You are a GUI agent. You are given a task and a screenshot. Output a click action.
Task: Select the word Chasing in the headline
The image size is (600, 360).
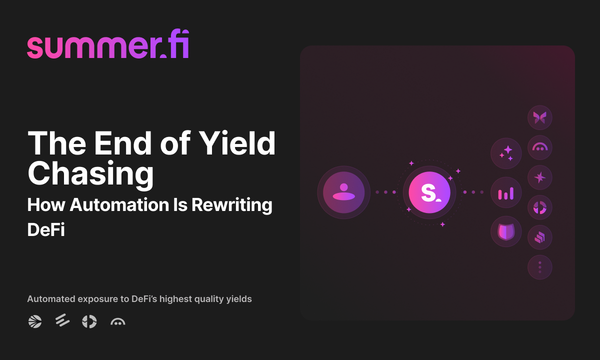coord(90,172)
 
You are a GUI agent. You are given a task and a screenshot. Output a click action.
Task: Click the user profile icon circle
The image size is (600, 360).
coord(344,191)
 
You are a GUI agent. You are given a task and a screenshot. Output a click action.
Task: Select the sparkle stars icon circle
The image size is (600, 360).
coord(505,153)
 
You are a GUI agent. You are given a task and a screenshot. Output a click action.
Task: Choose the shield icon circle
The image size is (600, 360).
coord(505,232)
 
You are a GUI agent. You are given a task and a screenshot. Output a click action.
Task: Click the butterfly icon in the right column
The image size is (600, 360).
coord(541,118)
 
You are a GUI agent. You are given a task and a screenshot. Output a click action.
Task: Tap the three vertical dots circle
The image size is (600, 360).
coord(541,267)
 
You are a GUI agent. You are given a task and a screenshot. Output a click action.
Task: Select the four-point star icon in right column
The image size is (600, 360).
coord(541,177)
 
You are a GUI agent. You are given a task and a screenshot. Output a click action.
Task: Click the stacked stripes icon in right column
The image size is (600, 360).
coord(541,237)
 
